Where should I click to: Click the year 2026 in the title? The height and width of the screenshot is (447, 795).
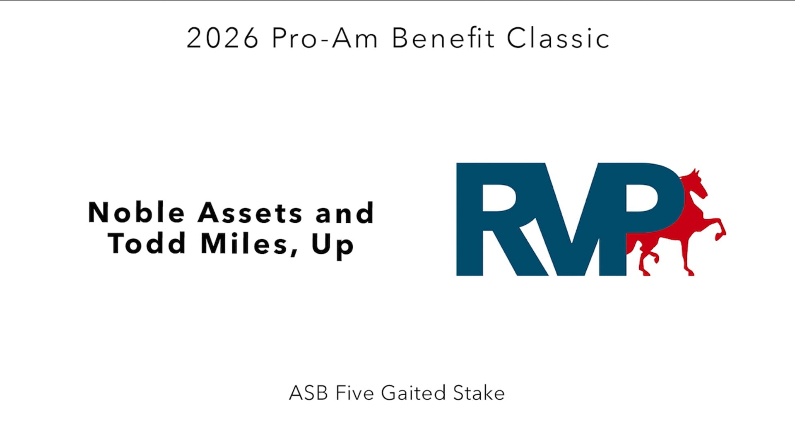pos(222,38)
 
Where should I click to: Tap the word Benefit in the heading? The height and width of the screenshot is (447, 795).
pos(443,38)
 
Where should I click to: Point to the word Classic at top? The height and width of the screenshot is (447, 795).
pos(558,38)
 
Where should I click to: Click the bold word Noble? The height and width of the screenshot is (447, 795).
pos(136,213)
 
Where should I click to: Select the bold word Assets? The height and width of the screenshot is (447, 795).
pos(250,213)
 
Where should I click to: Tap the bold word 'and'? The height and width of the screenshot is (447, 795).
pos(344,213)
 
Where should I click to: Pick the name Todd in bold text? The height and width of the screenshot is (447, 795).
pos(147,244)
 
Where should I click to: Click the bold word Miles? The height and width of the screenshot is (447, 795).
pos(244,244)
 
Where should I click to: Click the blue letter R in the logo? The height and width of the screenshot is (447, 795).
pos(497,219)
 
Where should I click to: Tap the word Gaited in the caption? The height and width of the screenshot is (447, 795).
pos(413,393)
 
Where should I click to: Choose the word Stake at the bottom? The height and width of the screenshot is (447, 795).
pos(479,393)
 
